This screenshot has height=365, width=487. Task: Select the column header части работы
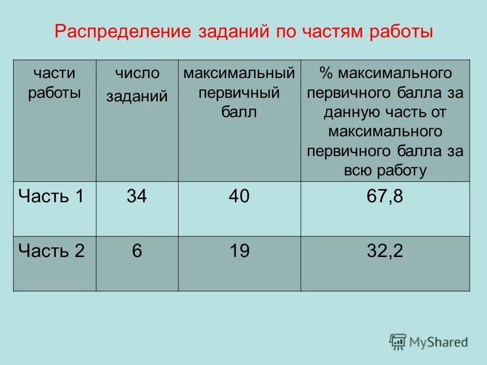click(x=54, y=83)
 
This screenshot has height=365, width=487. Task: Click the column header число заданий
click(x=137, y=84)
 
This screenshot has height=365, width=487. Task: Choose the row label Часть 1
click(x=51, y=196)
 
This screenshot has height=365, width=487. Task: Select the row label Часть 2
click(x=51, y=250)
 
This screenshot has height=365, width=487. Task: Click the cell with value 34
click(x=137, y=196)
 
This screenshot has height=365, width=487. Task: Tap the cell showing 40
click(x=239, y=196)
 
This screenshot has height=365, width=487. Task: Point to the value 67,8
click(x=385, y=196)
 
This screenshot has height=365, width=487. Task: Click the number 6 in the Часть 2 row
click(x=137, y=251)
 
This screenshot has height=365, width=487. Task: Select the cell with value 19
click(x=239, y=251)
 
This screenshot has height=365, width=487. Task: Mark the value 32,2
click(x=385, y=251)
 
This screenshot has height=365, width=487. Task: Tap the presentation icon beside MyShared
click(x=398, y=342)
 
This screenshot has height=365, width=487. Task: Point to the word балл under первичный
click(x=239, y=112)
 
